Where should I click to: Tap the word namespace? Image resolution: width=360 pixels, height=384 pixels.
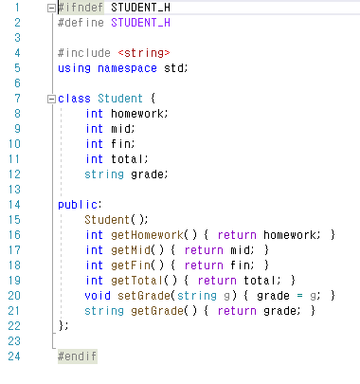point(127,67)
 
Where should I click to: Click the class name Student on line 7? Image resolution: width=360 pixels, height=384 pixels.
point(120,98)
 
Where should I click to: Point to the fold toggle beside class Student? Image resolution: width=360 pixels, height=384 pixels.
point(49,98)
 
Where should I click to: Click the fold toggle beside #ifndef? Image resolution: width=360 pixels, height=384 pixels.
point(49,8)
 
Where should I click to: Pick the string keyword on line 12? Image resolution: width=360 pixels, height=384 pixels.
point(104,174)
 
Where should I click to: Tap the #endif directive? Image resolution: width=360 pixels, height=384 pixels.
point(77,357)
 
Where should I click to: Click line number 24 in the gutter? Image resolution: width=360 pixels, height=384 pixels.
point(13,357)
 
